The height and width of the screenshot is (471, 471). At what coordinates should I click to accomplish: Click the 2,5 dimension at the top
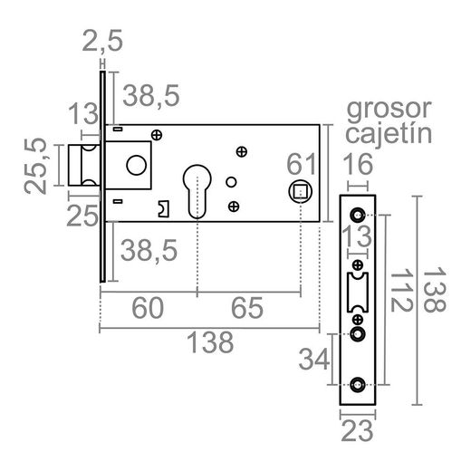click(102, 42)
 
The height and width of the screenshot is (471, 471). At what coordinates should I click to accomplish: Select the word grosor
click(389, 111)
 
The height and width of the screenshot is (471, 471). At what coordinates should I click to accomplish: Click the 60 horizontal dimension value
click(147, 309)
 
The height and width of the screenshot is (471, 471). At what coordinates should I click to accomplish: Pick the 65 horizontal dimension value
click(247, 309)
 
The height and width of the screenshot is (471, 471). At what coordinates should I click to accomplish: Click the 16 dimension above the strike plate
click(360, 165)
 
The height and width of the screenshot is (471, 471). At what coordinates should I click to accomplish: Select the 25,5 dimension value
click(36, 165)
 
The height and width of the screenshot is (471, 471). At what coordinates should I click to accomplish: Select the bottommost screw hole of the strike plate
click(360, 384)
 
